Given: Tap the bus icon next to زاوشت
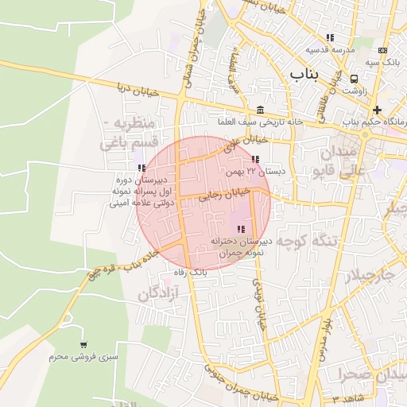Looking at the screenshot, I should point(354,79).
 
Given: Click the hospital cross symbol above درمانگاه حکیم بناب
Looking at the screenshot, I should point(377,110).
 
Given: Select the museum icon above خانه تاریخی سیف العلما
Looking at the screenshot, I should point(261,110).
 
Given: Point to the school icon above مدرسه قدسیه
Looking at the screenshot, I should point(330,37).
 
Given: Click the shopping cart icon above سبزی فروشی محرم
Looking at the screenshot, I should point(83,345).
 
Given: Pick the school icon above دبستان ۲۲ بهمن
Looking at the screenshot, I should point(254,160).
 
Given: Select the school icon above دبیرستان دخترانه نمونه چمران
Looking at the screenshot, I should point(241,229).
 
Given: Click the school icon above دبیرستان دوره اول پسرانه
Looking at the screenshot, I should point(141,168).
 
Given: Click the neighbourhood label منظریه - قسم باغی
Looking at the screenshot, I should point(132,134).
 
